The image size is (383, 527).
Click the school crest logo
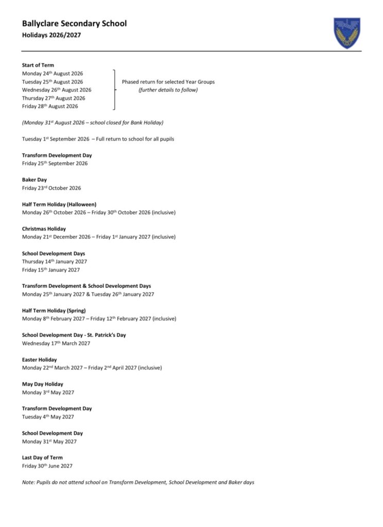point(346,32)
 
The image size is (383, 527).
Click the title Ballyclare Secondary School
point(74,24)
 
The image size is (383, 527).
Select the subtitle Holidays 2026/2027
point(51,36)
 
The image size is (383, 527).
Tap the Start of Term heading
point(38,65)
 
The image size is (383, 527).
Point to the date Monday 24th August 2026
point(53,74)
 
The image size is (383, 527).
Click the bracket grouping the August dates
point(114,90)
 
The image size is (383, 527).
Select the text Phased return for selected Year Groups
point(168,82)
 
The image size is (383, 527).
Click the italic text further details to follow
point(168,90)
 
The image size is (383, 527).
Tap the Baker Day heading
point(34,180)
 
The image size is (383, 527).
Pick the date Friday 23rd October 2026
point(51,188)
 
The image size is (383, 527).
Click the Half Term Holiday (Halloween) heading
point(59,204)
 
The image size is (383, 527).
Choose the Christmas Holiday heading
point(44,229)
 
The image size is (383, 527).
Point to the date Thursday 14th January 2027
point(55,261)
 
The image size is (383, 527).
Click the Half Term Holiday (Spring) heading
point(54,311)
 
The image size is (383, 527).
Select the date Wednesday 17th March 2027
point(56,343)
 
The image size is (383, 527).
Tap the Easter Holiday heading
point(40,360)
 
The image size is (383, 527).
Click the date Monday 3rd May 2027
point(48,392)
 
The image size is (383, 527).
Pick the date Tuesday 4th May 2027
point(48,417)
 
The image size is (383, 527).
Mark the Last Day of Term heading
point(42,458)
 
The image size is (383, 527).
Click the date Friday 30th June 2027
point(47,466)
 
